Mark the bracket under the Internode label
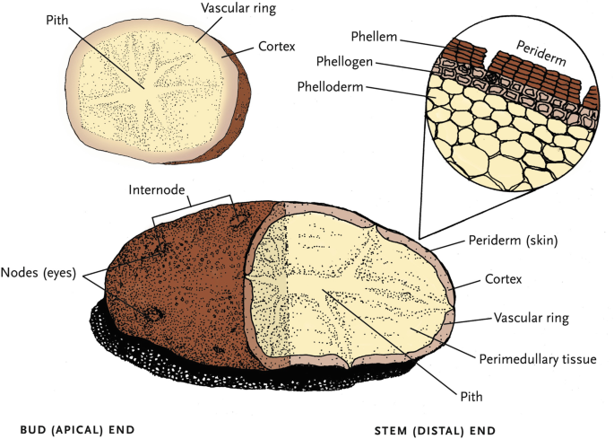pyautogui.click(x=192, y=204)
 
